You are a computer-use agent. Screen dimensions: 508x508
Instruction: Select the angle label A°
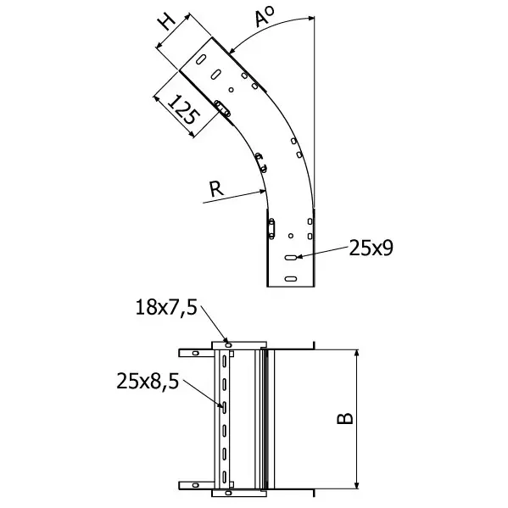pos(264,17)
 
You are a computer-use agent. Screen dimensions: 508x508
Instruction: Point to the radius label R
pos(216,189)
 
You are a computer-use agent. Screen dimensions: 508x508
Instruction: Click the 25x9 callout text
pos(371,248)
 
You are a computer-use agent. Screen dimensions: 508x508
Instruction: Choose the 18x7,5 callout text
pos(166,307)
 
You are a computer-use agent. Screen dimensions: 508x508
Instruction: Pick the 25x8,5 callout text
pos(148,380)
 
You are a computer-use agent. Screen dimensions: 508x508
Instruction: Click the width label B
pos(345,418)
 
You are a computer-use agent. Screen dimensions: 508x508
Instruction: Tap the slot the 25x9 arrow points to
pos(291,257)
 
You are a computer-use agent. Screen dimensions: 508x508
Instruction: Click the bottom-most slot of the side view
pos(291,279)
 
